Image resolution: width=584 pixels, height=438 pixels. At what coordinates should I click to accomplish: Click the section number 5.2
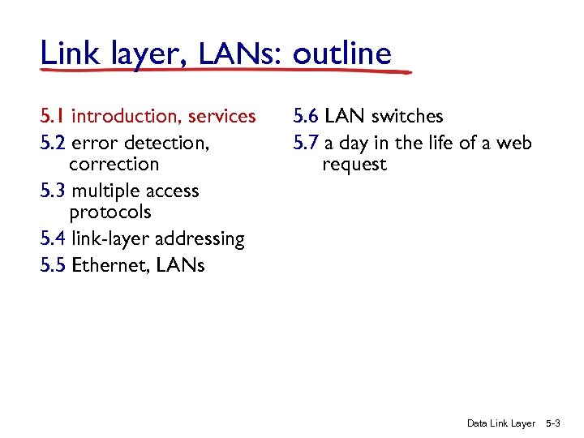click(x=53, y=144)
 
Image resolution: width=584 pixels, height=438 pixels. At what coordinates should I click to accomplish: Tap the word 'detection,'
click(x=169, y=144)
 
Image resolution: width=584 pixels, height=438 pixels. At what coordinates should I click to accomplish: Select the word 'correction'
click(x=114, y=165)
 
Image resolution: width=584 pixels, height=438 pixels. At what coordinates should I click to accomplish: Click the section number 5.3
click(x=53, y=191)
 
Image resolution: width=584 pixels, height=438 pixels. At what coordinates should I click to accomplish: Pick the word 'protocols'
click(x=110, y=213)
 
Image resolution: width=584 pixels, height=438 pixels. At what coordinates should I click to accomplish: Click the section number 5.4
click(x=53, y=239)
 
